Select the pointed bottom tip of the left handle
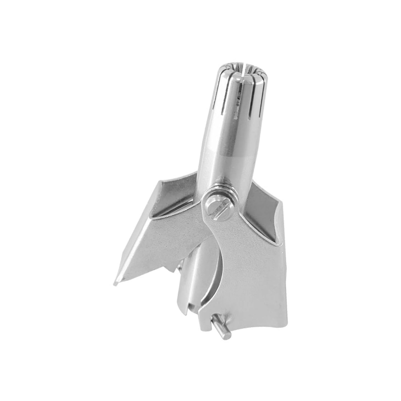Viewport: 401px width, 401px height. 115,284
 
